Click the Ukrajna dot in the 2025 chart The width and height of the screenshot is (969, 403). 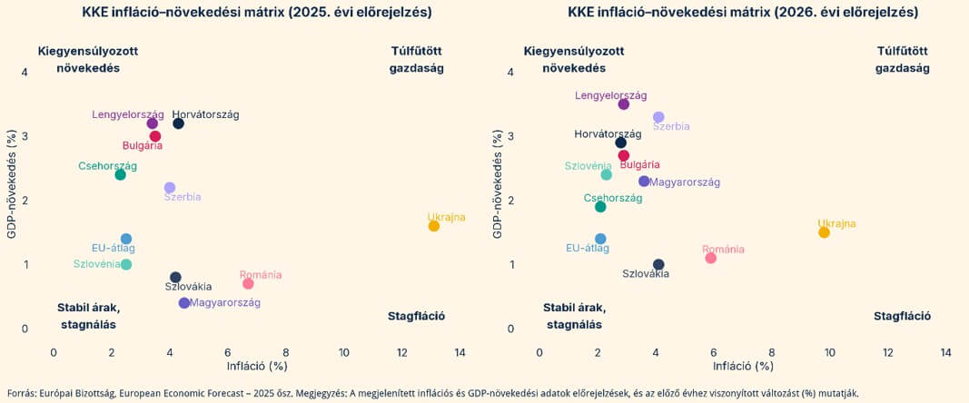click(434, 226)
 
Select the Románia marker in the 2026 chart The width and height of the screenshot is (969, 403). click(711, 258)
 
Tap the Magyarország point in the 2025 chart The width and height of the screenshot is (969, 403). click(184, 303)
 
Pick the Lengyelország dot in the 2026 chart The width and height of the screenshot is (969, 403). click(624, 104)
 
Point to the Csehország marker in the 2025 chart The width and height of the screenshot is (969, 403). click(120, 174)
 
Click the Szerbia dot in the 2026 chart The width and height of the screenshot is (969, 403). click(658, 117)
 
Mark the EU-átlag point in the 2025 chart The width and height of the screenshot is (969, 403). click(126, 239)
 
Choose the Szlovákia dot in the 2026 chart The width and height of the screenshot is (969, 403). click(658, 264)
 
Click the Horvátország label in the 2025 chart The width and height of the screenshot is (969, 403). click(205, 114)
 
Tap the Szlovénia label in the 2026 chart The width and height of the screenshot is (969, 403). click(588, 166)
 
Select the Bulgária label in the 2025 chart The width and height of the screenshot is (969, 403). click(143, 146)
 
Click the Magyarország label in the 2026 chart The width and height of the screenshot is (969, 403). click(685, 182)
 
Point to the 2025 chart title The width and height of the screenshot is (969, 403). click(257, 13)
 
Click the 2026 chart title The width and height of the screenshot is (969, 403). click(743, 13)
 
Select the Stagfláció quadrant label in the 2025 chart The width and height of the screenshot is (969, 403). click(416, 317)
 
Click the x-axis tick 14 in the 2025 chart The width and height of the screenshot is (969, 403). click(460, 352)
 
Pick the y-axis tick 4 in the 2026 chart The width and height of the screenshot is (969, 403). click(510, 73)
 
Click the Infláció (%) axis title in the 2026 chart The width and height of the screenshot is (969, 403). click(743, 367)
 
